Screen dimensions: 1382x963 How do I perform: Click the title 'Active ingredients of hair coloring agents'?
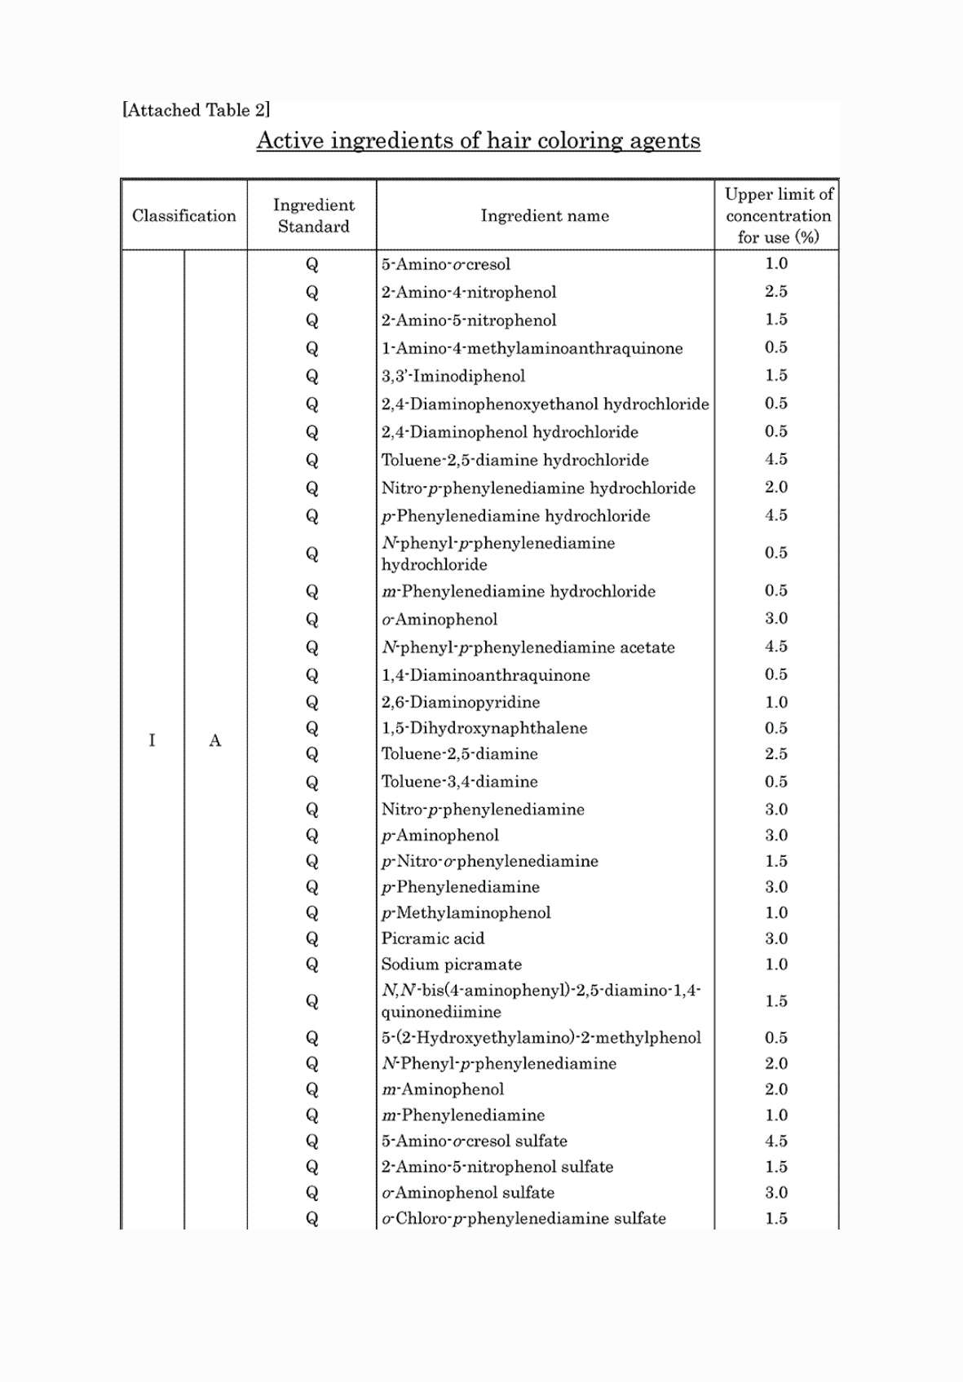478,141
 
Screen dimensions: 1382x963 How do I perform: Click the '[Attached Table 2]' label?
196,110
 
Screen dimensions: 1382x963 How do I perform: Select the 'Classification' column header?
183,216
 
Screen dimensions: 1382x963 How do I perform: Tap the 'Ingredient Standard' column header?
313,216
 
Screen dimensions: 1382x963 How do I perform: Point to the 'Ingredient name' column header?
545,216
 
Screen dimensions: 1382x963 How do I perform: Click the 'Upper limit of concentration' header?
778,216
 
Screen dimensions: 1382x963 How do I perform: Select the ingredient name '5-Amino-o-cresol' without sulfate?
446,264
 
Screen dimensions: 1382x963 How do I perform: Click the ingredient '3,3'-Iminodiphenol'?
453,376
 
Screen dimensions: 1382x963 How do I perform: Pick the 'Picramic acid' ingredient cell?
433,938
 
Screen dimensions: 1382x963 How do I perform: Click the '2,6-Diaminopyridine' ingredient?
461,702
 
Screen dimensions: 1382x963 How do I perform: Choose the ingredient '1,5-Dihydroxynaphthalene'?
484,728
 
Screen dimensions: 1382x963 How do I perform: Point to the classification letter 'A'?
215,740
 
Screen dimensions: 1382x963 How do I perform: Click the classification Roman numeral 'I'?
152,740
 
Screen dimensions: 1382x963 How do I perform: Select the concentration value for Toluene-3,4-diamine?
776,781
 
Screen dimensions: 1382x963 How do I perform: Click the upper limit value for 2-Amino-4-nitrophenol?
776,291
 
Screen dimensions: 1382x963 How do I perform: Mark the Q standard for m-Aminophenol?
312,1089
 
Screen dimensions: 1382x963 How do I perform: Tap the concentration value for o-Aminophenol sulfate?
776,1192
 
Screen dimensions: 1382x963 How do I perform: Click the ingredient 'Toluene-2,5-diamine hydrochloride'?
515,460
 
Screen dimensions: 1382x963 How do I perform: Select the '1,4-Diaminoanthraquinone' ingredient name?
486,675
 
